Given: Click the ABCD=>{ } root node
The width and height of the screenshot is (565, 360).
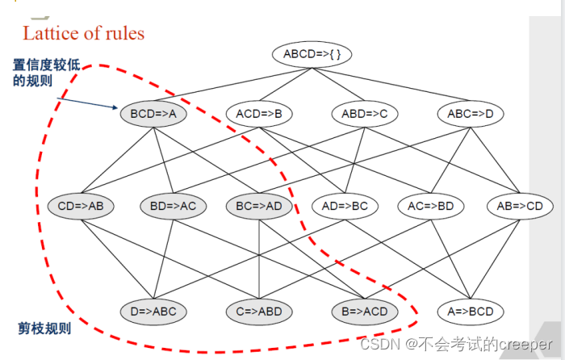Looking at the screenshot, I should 306,55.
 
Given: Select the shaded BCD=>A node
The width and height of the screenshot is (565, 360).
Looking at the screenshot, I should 153,114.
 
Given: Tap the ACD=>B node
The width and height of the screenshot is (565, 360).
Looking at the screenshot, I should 259,114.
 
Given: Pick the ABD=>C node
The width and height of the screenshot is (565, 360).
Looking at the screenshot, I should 365,114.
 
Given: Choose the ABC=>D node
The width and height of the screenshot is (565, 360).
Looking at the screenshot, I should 471,114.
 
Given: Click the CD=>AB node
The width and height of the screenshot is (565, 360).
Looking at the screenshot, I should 81,206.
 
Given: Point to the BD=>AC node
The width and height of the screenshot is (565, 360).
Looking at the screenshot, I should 173,206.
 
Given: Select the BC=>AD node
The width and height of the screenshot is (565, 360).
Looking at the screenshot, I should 259,206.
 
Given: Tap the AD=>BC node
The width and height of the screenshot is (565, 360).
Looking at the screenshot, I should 345,206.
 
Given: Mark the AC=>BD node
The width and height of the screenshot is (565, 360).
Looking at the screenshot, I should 431,206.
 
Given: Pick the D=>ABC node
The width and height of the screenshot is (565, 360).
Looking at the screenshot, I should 153,311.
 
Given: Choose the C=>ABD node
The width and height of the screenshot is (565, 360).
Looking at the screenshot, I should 258,311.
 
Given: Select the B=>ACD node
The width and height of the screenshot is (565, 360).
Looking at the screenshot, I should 364,311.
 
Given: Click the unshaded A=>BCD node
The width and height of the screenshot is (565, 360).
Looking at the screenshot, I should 470,311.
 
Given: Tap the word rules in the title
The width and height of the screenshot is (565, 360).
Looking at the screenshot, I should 123,33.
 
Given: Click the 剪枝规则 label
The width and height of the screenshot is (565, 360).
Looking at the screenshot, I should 44,329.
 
